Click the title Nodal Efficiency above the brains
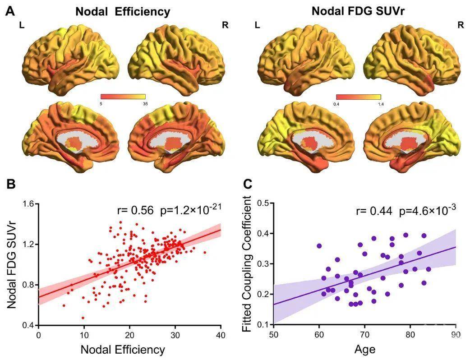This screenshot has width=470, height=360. tap(123, 12)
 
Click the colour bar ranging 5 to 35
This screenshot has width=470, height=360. tap(123, 97)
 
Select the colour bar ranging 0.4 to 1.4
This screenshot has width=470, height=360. tap(359, 97)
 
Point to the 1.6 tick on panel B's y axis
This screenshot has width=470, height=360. tap(28, 204)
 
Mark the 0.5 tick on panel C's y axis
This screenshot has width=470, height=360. tap(263, 203)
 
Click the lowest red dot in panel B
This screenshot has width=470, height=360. tap(83, 318)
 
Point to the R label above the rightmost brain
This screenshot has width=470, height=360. tap(461, 25)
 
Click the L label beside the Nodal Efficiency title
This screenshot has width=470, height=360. tap(22, 25)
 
